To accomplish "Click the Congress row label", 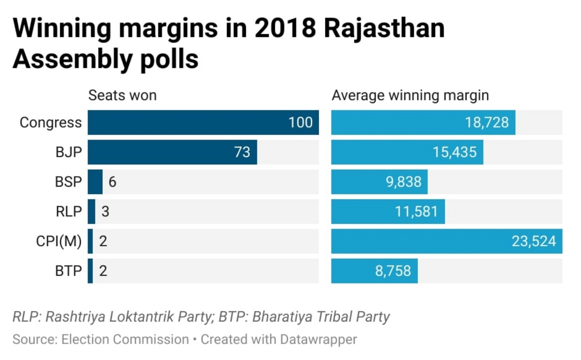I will tap(50, 123).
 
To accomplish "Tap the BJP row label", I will tap(69, 152).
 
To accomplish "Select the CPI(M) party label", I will tap(59, 241).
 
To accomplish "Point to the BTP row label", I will tap(68, 271).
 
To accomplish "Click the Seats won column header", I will tap(122, 96).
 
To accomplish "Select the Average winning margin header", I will tap(410, 96).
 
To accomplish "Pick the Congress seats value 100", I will tap(300, 123).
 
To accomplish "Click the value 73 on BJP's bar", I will tap(242, 152).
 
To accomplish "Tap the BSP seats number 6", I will tap(112, 182).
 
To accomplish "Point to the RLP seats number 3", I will tap(105, 211).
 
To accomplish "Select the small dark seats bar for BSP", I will tap(95, 182).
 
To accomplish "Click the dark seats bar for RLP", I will tap(92, 211).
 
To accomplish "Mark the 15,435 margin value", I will tap(454, 152).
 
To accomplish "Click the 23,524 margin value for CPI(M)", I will tap(533, 241).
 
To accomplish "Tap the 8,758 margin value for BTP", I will tap(393, 271).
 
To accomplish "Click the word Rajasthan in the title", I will tap(384, 28).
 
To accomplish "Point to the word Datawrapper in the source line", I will tap(318, 339).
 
